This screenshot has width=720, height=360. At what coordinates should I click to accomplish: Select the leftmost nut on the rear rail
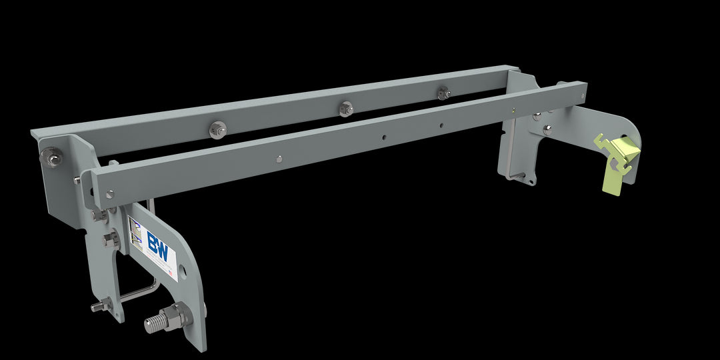(x=217, y=129)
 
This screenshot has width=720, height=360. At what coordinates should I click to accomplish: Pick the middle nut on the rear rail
(x=345, y=109)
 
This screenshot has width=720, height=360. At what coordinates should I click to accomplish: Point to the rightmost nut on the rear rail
(x=443, y=93)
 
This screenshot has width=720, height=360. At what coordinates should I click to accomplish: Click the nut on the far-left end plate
(x=50, y=157)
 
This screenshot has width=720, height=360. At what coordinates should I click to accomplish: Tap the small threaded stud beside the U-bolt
(x=98, y=307)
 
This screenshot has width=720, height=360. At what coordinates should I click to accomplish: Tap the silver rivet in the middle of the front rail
(x=278, y=159)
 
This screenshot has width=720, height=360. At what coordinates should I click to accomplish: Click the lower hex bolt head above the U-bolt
(x=109, y=240)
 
